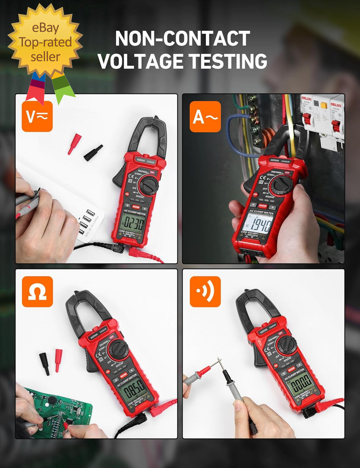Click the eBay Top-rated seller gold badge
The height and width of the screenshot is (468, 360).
[45, 42]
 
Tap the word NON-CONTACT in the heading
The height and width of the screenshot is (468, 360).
[183, 38]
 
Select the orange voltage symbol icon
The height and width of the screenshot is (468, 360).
[37, 117]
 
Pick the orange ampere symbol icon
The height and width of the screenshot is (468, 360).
[205, 117]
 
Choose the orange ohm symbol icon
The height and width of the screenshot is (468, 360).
[37, 292]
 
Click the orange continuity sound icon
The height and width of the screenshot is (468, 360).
[205, 292]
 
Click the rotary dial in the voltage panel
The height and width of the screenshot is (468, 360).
[149, 186]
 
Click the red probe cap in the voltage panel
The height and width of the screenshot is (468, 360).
[74, 144]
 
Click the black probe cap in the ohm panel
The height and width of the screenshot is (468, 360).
[44, 363]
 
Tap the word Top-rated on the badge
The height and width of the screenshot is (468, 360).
[45, 43]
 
